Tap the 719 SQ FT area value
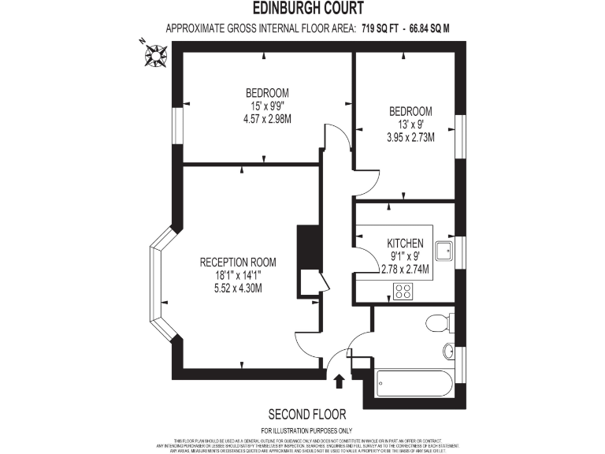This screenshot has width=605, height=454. (x=378, y=29)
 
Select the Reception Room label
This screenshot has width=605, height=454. (x=237, y=262)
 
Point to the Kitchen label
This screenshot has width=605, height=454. (x=405, y=244)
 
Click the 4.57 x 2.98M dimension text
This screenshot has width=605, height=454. (x=267, y=119)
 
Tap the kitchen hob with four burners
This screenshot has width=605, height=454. (x=404, y=292)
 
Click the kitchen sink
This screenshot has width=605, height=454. (x=444, y=251)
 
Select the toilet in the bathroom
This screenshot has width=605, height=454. (x=436, y=322)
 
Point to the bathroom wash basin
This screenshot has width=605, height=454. (x=448, y=352)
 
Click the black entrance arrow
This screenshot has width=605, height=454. (x=340, y=382)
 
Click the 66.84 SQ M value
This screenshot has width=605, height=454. (x=427, y=29)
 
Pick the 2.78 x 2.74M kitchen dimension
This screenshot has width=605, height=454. (x=405, y=269)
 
